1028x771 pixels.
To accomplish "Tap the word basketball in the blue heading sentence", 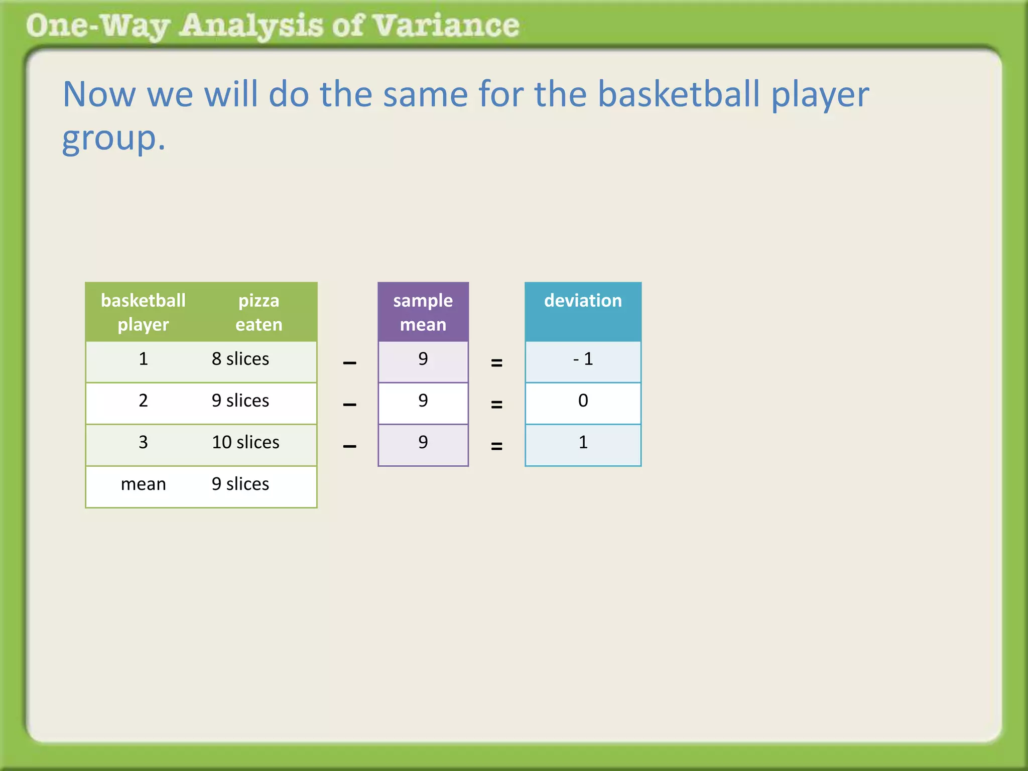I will tap(679, 94).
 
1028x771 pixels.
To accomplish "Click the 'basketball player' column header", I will tap(143, 312).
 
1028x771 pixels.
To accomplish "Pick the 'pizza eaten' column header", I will tap(259, 312).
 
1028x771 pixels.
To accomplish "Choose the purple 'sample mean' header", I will tap(423, 312).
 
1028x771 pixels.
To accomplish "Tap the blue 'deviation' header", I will tap(583, 301).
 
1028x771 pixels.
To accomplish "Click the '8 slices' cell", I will tap(240, 359).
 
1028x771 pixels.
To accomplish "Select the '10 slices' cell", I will tap(245, 442).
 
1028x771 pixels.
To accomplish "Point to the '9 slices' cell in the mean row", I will tap(240, 484).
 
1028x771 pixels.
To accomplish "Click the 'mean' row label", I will tap(143, 484).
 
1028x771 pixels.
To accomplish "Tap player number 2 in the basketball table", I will tap(143, 401).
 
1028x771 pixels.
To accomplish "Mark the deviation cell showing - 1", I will tap(583, 359).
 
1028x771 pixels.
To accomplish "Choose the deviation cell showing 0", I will tap(583, 401).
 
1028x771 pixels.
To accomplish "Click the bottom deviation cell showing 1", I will tap(583, 442).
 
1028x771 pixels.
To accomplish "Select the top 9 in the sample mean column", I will tap(423, 359).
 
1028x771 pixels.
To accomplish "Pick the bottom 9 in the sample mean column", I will tap(423, 442).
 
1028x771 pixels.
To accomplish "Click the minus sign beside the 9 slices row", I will tap(349, 405).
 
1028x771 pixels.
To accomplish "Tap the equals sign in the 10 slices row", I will tap(496, 446).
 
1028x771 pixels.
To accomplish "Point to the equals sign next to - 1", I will tap(496, 362).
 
